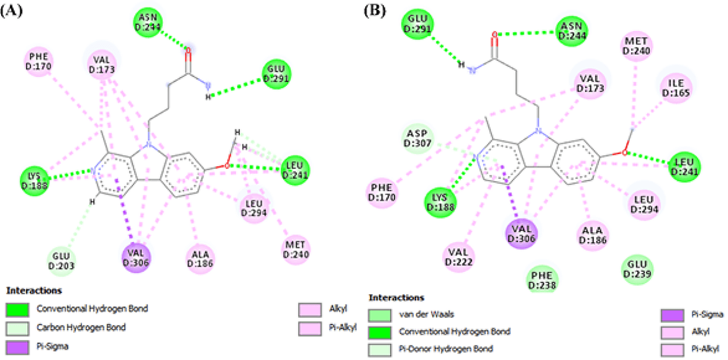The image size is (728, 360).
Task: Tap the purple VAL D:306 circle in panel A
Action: point(136,255)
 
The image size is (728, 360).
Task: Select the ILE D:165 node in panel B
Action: point(676,87)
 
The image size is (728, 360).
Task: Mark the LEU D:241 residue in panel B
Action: point(685,164)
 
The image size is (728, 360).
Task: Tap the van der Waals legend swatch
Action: point(382,314)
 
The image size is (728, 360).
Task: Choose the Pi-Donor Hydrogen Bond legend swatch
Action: point(382,347)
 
